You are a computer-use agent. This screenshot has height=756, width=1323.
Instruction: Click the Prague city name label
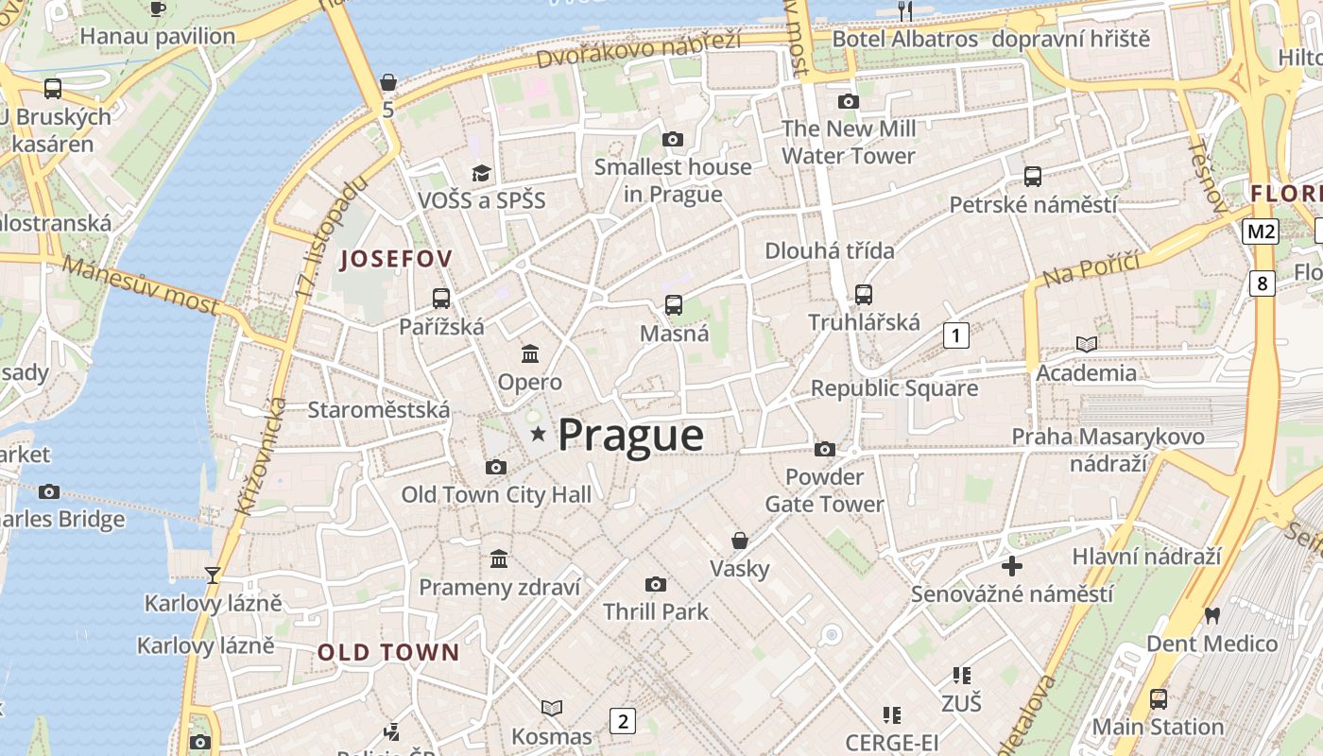(630, 436)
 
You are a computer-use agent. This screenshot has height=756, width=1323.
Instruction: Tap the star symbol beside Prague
(539, 434)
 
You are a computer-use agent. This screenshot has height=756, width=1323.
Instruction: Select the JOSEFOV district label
(396, 259)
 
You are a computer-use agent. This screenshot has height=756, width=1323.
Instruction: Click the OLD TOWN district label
(388, 652)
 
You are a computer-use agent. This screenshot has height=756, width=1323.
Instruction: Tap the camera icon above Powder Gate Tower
(825, 449)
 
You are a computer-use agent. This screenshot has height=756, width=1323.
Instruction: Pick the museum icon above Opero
(530, 354)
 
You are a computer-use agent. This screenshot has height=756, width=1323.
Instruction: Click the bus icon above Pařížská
(441, 299)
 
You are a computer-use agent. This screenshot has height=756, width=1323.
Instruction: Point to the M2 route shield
(1261, 232)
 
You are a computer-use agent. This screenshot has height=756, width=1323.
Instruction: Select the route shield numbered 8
(1262, 283)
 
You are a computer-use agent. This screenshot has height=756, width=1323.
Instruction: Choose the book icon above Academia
(1087, 344)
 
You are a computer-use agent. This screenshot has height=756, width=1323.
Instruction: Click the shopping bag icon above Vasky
(740, 541)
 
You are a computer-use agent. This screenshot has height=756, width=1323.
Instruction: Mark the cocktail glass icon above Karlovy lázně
(213, 575)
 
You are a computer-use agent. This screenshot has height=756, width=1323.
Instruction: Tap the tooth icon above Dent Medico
(1211, 615)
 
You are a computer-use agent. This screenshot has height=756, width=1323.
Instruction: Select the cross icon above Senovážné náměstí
(1011, 566)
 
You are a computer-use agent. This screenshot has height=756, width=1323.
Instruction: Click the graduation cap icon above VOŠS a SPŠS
(482, 173)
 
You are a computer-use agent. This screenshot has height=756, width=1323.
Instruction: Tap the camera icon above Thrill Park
(655, 584)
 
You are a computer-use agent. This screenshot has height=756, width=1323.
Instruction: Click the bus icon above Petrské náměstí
(1033, 176)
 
